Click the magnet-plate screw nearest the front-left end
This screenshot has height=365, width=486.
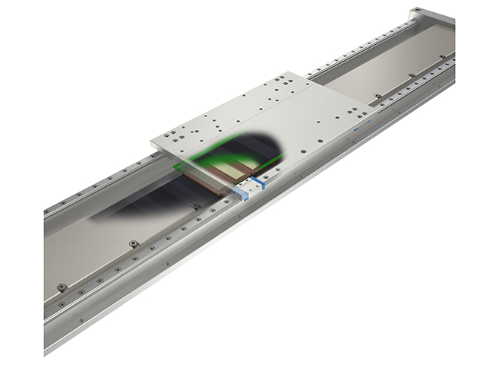62,287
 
